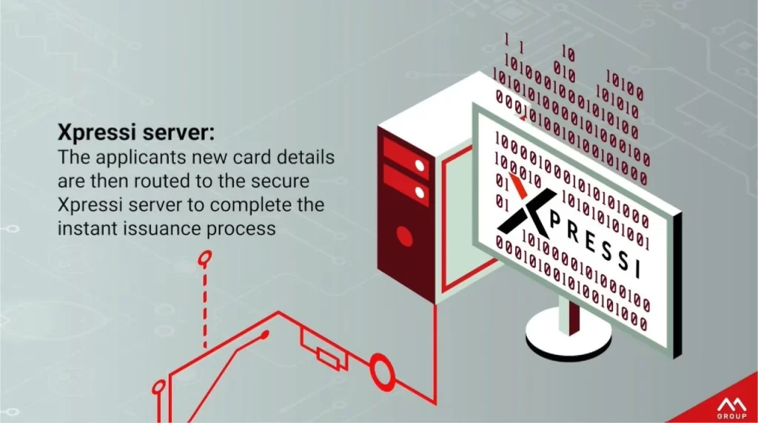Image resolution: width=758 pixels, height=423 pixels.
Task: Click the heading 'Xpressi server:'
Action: (136, 133)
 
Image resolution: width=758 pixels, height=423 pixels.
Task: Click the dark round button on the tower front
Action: (404, 236)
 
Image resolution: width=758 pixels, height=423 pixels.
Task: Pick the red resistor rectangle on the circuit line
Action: (328, 358)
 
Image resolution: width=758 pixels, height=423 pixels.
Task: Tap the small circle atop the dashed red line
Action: (204, 259)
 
